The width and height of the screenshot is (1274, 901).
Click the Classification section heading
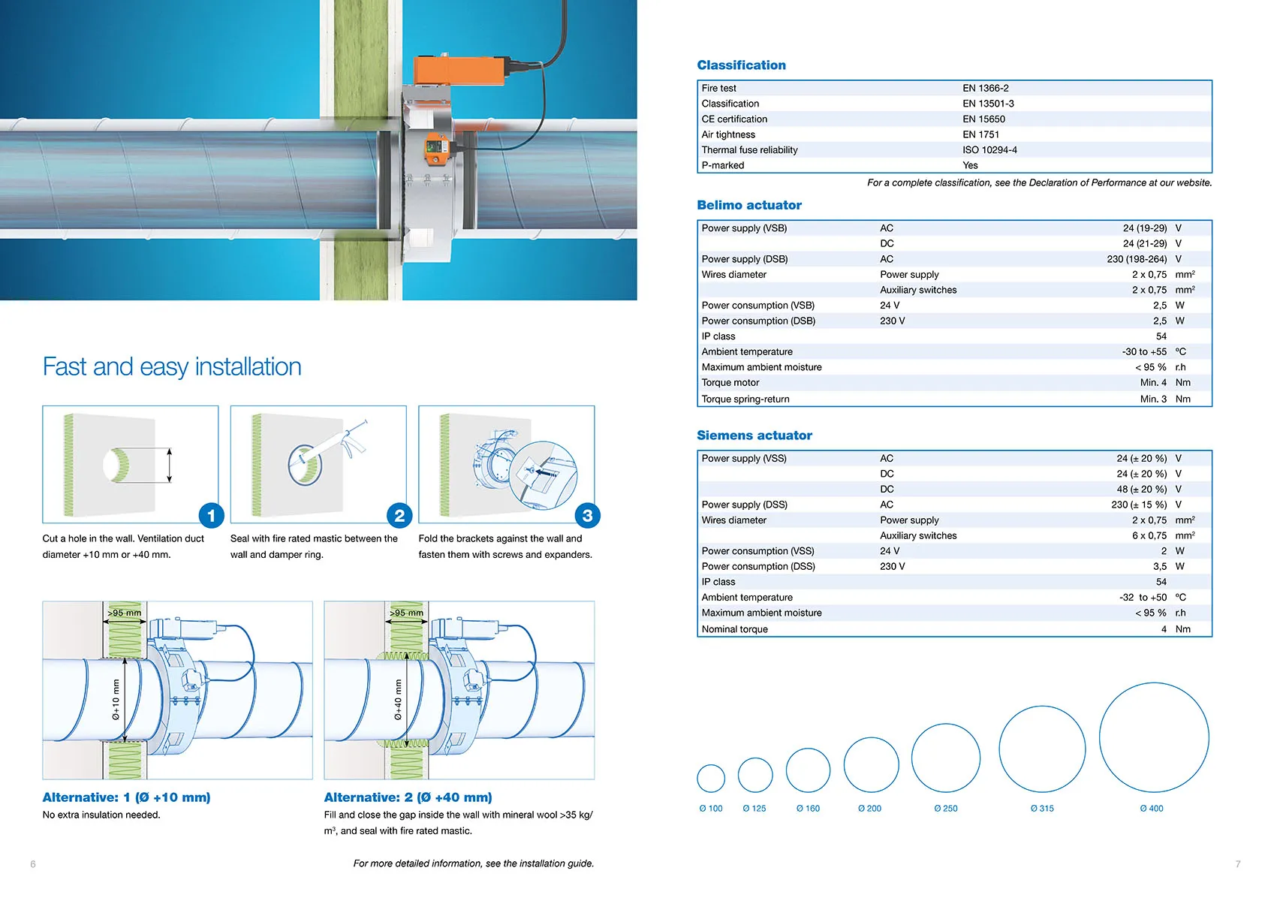tap(741, 65)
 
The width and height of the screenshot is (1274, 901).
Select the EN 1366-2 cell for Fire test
tap(985, 88)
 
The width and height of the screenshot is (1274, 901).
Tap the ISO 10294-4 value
tap(989, 150)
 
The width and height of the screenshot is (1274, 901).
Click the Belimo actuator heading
tap(748, 205)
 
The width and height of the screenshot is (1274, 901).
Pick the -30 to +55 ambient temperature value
tap(1143, 351)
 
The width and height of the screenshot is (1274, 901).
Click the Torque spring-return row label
tap(745, 399)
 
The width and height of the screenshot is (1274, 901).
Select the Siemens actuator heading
tap(754, 435)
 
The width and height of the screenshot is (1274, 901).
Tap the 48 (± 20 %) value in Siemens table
tap(1141, 489)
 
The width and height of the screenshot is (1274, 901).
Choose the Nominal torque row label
tap(734, 629)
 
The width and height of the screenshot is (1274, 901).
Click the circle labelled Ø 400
tap(1153, 737)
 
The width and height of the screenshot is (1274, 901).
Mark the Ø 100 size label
tap(710, 809)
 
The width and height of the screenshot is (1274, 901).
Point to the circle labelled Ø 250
tap(945, 758)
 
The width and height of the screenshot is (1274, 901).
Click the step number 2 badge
tap(399, 516)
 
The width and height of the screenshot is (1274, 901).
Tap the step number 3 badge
tap(587, 516)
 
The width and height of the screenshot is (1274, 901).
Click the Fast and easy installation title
tap(172, 367)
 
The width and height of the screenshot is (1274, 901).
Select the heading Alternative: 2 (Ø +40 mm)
tap(408, 797)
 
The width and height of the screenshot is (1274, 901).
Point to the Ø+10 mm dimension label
tap(116, 700)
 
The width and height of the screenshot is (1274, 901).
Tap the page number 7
tap(1238, 864)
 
